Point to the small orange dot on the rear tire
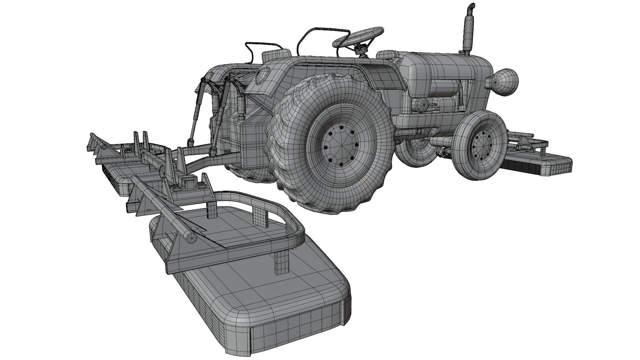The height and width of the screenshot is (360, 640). [367, 183]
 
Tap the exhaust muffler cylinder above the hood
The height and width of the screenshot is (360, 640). [468, 32]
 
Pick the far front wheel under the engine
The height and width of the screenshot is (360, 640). [417, 152]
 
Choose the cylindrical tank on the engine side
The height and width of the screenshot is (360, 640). [443, 89]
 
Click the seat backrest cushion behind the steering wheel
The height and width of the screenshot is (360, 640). [276, 55]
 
